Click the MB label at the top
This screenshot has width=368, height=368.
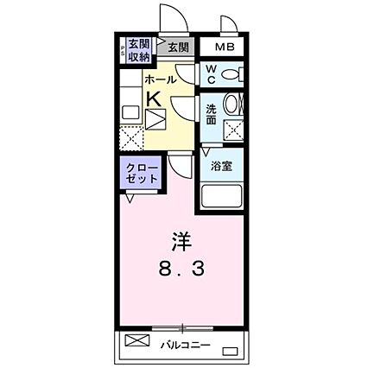(225, 47)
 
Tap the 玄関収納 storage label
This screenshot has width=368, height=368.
(138, 50)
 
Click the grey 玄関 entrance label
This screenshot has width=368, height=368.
(178, 48)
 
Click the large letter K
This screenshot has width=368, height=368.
(153, 98)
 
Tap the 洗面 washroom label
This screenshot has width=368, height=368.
(212, 114)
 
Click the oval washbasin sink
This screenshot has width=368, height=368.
(232, 106)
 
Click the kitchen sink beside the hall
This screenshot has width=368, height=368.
(130, 112)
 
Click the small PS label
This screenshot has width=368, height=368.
(123, 50)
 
